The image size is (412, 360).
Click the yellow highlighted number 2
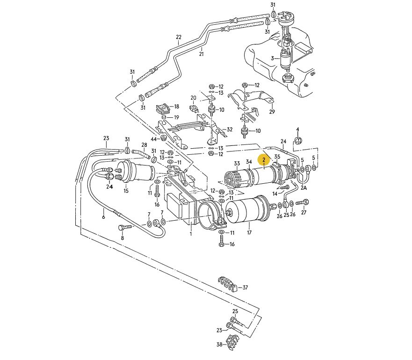click(x=264, y=160)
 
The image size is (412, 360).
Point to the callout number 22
click(x=178, y=37)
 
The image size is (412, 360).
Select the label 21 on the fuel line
click(x=202, y=53)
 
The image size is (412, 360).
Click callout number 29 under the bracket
click(x=272, y=112)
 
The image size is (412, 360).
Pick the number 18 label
click(x=177, y=107)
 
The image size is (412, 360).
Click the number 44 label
click(x=154, y=138)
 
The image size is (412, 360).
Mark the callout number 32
click(x=230, y=130)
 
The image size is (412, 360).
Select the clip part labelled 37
click(x=227, y=283)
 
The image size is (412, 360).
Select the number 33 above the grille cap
click(x=237, y=163)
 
